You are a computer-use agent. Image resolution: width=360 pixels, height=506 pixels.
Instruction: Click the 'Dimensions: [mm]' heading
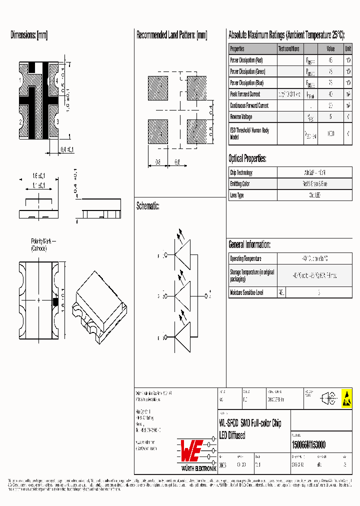tap(29, 35)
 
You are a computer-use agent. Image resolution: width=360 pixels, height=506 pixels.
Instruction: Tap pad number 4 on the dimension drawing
tap(57, 80)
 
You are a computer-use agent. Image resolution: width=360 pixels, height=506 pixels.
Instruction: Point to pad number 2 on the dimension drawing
tap(20, 121)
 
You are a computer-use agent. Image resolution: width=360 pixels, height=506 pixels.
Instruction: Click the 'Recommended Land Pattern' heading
tap(171, 35)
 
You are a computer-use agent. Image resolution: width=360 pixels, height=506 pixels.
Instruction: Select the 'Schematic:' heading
tap(148, 206)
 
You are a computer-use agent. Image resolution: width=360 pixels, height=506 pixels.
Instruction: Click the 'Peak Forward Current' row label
tap(245, 94)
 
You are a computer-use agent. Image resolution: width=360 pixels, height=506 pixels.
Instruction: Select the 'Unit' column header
tap(347, 49)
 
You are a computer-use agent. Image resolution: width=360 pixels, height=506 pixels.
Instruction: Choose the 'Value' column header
tap(330, 49)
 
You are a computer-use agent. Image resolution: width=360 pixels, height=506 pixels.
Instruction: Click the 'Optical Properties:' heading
tap(247, 159)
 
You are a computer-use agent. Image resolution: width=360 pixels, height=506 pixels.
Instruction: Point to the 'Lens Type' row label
tap(237, 195)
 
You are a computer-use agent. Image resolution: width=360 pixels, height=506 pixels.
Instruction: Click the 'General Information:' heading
tap(249, 244)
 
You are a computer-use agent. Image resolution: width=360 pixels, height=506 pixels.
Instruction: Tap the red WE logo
tap(191, 450)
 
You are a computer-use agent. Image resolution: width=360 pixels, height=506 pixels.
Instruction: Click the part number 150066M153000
tap(308, 444)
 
